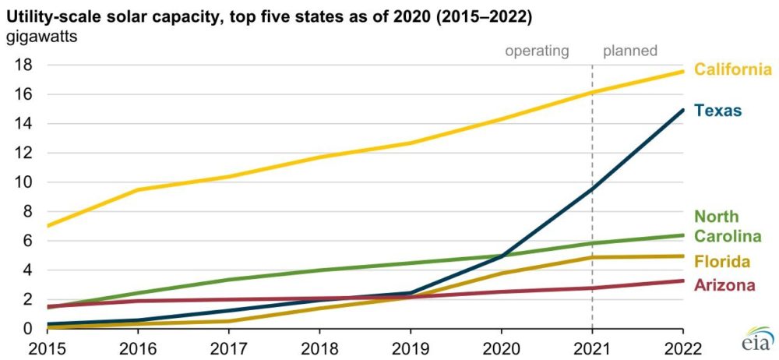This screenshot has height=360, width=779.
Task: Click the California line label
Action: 732,70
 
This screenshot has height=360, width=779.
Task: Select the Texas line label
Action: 719,111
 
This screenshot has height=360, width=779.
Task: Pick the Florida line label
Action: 722,260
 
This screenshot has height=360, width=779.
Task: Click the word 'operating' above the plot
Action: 538,51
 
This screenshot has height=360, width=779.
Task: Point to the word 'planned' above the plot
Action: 630,51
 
